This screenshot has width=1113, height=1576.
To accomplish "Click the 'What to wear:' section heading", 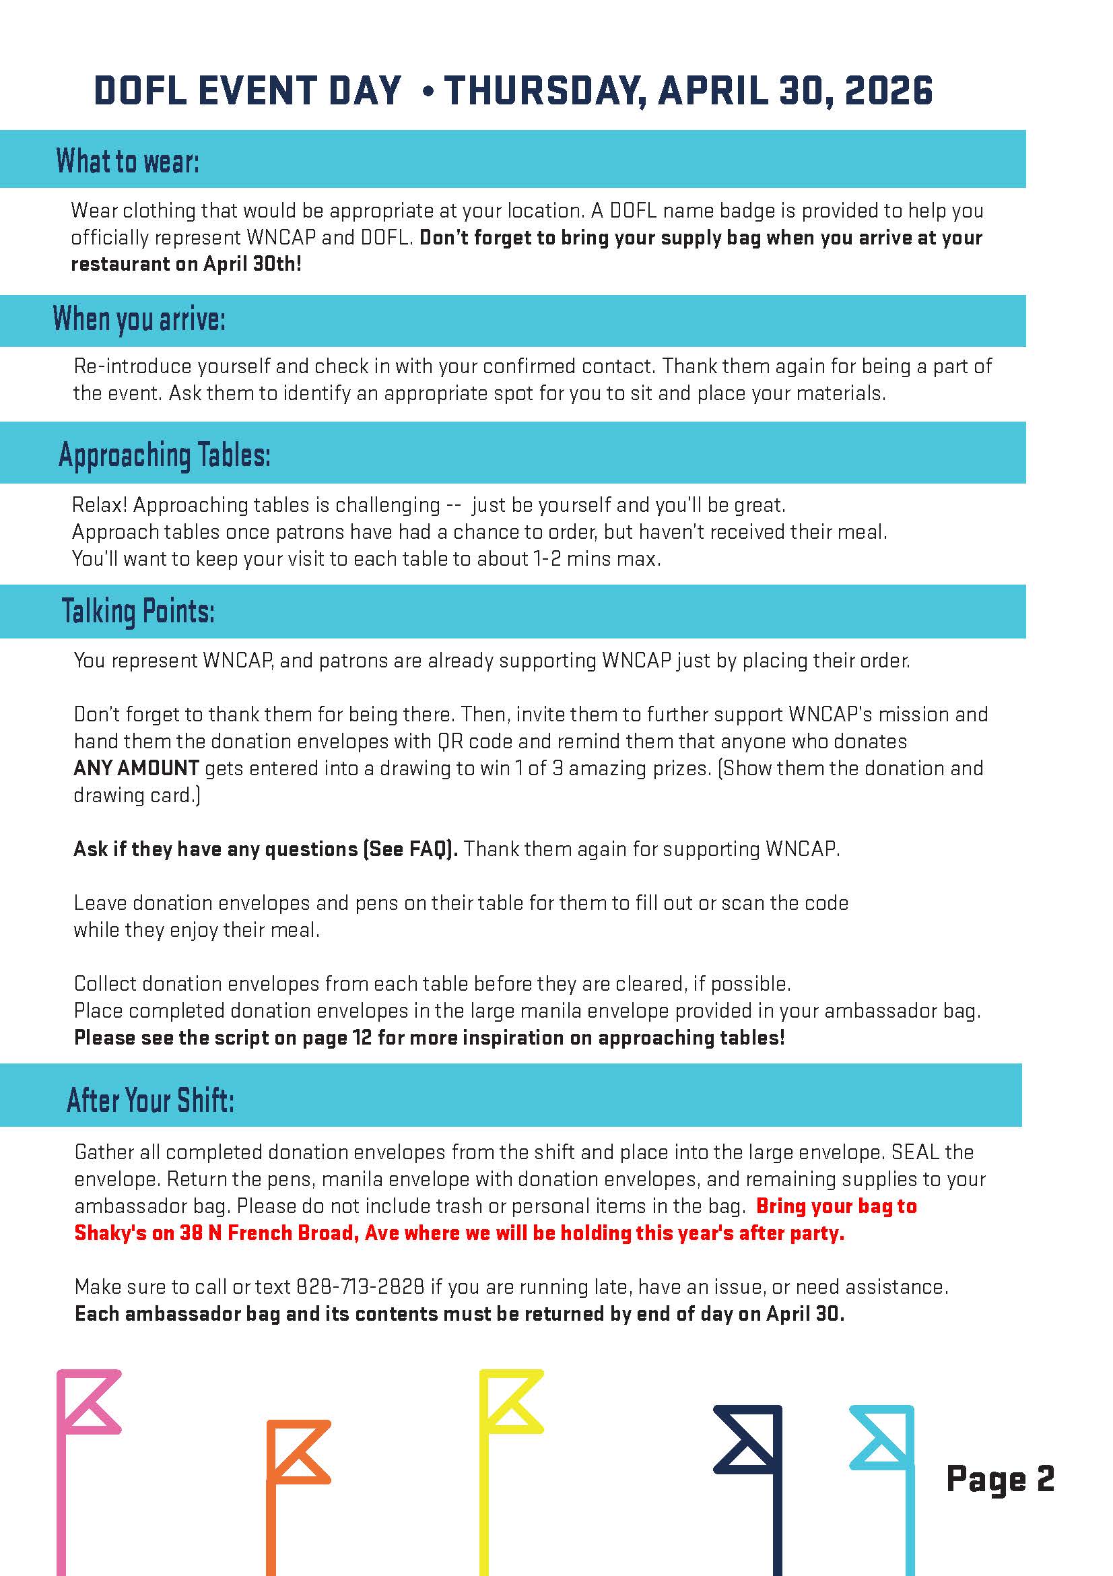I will (x=128, y=162).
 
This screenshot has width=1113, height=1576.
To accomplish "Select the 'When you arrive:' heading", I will (x=139, y=319).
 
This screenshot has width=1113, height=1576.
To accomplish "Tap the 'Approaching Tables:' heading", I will (x=165, y=455).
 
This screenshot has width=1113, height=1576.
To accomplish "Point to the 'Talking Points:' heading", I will (x=138, y=611).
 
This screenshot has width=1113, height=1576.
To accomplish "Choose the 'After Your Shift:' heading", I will (x=150, y=1100).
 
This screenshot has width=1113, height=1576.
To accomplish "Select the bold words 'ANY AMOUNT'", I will (x=136, y=767).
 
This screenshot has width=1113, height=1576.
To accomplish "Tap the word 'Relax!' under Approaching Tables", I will (x=100, y=505).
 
